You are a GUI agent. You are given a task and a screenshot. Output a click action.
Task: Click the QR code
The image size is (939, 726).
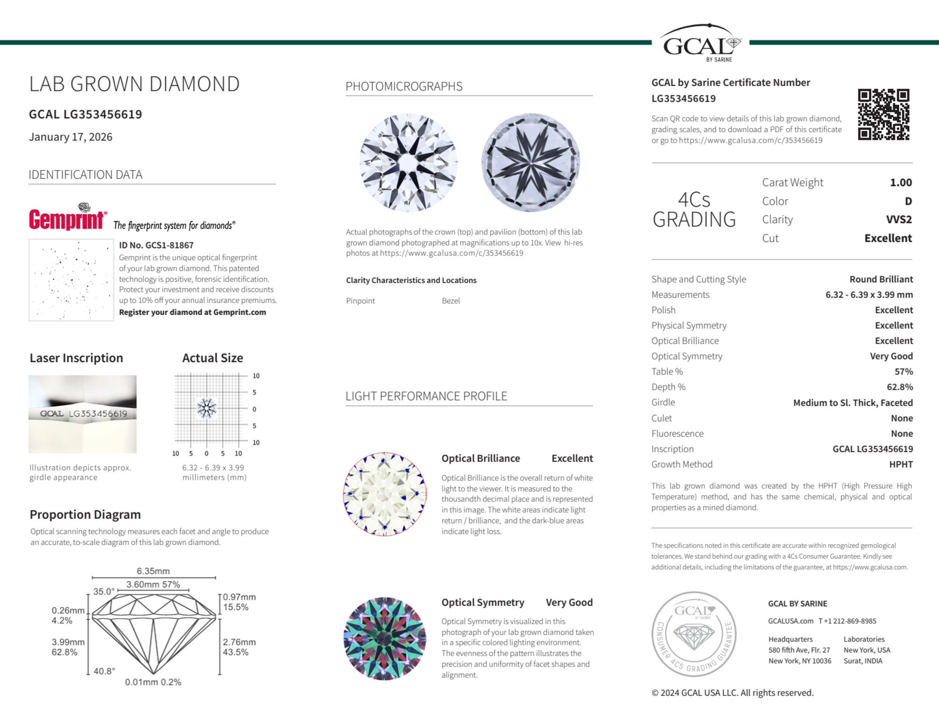(x=883, y=114)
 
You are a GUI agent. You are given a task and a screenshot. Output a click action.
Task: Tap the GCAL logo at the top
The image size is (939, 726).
(x=700, y=43)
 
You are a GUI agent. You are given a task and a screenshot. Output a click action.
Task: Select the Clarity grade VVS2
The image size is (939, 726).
(x=898, y=219)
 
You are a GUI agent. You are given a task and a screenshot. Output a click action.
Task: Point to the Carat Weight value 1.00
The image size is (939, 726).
(x=901, y=182)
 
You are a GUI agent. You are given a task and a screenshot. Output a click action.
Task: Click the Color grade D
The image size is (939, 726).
(x=908, y=201)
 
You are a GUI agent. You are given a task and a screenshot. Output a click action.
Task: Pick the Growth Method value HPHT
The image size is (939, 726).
(x=901, y=464)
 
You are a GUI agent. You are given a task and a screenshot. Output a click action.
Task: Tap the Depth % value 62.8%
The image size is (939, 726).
(x=900, y=387)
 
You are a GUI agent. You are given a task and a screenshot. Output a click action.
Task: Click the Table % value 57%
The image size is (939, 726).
(x=903, y=371)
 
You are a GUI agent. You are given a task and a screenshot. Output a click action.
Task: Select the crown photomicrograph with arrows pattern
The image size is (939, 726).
(x=408, y=162)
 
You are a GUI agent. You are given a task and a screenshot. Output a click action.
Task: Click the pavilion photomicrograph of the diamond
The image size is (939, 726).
(x=530, y=162)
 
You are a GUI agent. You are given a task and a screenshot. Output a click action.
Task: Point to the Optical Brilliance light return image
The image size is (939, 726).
(x=385, y=494)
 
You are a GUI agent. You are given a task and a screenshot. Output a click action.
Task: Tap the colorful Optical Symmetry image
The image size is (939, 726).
(x=385, y=639)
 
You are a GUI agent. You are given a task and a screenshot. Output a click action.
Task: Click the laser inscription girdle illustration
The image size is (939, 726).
(x=83, y=414)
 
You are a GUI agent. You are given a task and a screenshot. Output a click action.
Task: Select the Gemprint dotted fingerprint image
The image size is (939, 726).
(x=71, y=280)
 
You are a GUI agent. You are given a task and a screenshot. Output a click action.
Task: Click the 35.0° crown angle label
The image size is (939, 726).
(x=104, y=591)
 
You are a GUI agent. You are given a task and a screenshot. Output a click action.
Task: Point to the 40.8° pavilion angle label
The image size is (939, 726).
(x=104, y=671)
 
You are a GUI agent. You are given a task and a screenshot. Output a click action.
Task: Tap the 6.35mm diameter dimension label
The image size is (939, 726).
(x=153, y=571)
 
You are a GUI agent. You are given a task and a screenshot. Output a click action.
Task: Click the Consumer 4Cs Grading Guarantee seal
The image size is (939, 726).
(x=694, y=633)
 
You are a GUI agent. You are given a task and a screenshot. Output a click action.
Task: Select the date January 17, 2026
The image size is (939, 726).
(x=71, y=137)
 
